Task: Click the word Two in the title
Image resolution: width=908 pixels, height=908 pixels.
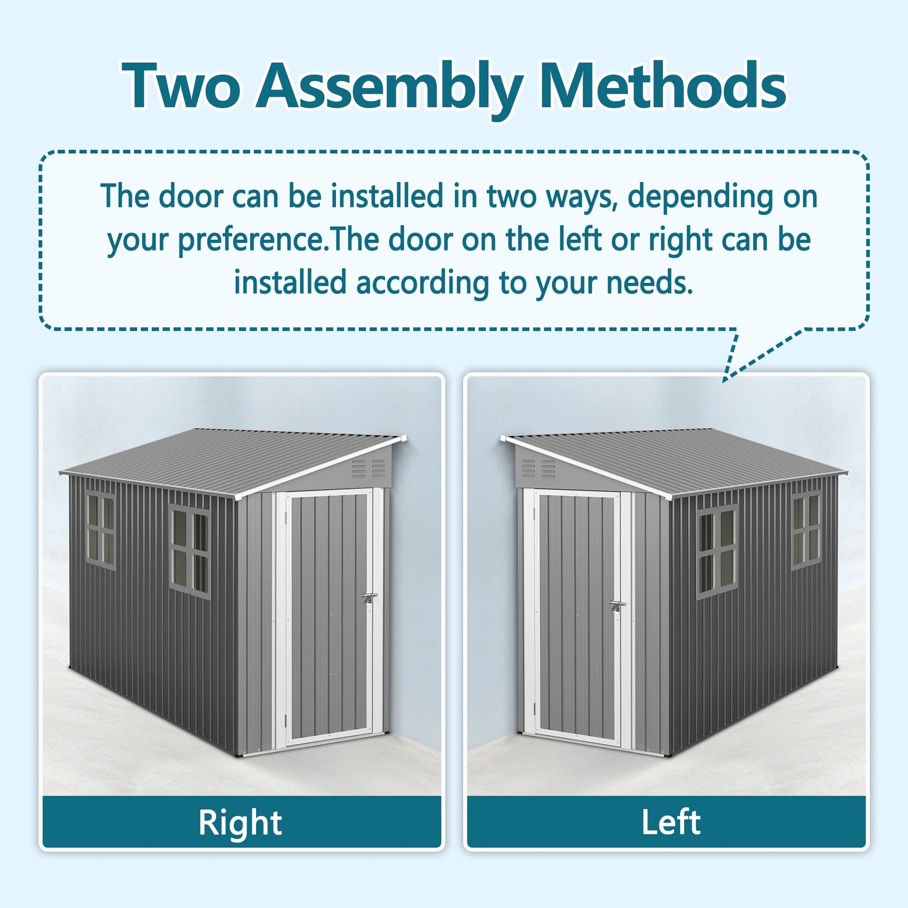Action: pos(182,86)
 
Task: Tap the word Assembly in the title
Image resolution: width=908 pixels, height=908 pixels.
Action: pos(390,89)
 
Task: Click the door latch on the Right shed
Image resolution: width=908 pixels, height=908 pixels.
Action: pos(370,598)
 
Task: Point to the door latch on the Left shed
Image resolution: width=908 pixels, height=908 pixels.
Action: pos(617,606)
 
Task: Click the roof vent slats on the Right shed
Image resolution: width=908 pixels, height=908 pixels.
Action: pos(369,469)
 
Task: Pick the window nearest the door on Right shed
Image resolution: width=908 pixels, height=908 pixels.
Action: pos(189,552)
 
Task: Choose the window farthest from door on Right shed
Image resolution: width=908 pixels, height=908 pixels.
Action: pos(100,530)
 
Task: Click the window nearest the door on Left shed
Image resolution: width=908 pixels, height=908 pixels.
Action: pos(717,552)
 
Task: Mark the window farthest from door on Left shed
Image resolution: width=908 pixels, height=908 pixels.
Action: pos(806,530)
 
